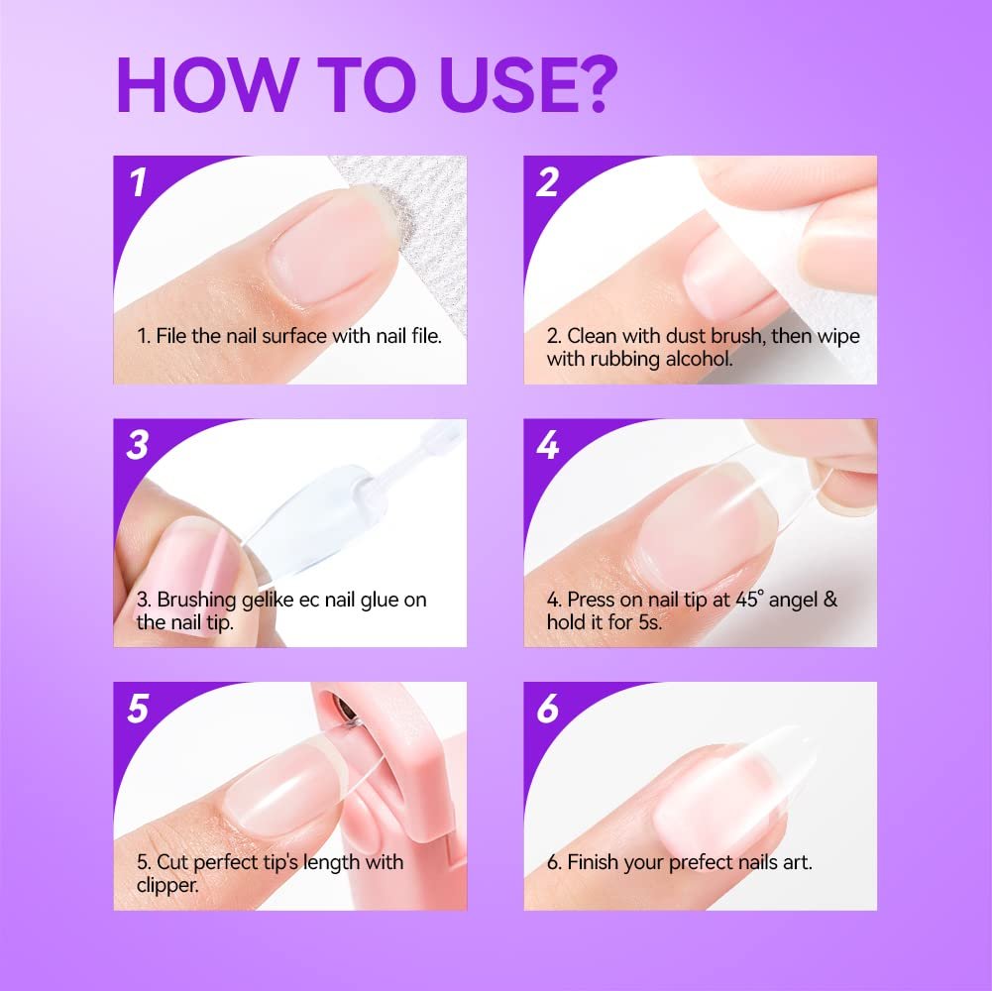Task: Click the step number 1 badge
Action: click(x=138, y=182)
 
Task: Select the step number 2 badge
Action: click(x=548, y=182)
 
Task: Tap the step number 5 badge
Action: click(x=138, y=709)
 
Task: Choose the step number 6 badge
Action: click(x=548, y=709)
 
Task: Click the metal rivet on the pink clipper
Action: click(x=343, y=710)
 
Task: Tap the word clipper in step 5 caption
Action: click(x=167, y=885)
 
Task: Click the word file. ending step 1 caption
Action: click(x=426, y=335)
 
